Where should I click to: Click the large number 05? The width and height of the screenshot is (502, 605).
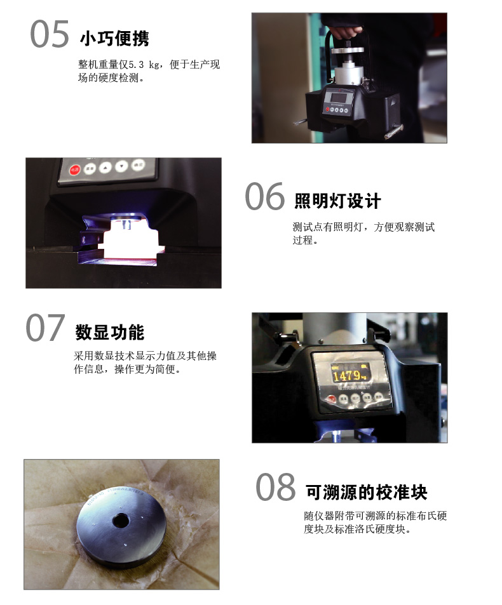[x=50, y=34]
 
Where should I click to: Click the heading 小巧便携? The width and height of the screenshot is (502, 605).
[x=114, y=39]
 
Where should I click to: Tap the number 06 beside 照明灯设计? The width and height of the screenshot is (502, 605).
[x=265, y=196]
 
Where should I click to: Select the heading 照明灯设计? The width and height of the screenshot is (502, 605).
[x=337, y=201]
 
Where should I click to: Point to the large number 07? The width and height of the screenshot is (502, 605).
[x=45, y=328]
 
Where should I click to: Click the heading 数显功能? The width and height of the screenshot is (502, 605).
[x=110, y=332]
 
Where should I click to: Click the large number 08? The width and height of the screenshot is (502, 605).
[x=275, y=486]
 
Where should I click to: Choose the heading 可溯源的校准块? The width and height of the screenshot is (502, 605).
[x=367, y=493]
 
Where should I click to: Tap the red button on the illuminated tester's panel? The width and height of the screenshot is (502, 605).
[x=74, y=170]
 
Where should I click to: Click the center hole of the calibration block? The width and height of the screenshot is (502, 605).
[x=121, y=521]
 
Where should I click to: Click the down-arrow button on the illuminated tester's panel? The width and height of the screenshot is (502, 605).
[x=121, y=166]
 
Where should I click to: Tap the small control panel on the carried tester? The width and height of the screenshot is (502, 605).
[x=338, y=102]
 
